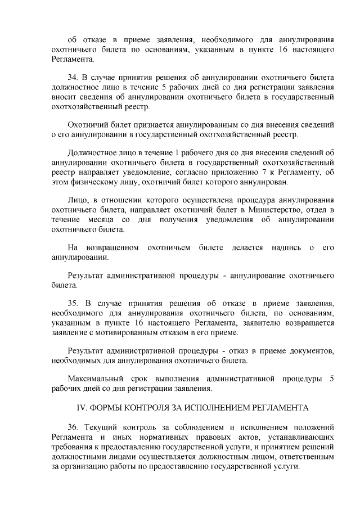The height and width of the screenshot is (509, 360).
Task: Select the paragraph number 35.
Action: tap(73, 301)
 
